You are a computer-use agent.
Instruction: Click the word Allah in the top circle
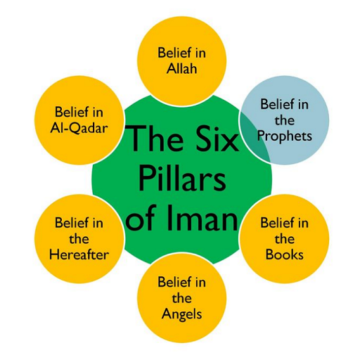181,68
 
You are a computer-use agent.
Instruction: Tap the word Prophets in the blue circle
285,136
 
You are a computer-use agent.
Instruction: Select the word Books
285,255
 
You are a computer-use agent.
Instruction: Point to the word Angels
181,314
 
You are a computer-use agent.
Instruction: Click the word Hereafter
79,255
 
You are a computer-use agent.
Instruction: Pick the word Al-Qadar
79,128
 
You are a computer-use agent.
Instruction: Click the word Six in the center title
216,139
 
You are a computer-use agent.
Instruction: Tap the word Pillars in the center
182,179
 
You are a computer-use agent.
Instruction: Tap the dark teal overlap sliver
255,139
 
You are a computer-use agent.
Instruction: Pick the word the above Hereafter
79,239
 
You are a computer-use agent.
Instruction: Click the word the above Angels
181,298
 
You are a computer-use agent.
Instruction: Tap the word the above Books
285,239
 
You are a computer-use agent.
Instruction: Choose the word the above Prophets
285,120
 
